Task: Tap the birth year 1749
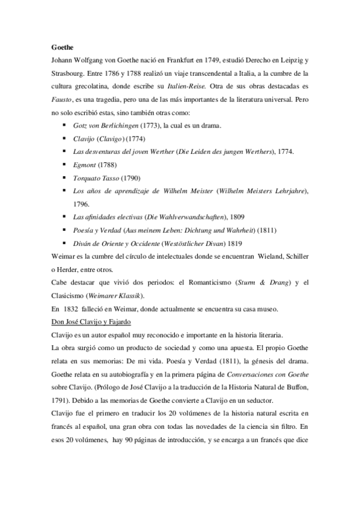[220, 62]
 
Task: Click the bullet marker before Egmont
[64, 165]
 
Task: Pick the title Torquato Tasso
[96, 178]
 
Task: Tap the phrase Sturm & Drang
[251, 283]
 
